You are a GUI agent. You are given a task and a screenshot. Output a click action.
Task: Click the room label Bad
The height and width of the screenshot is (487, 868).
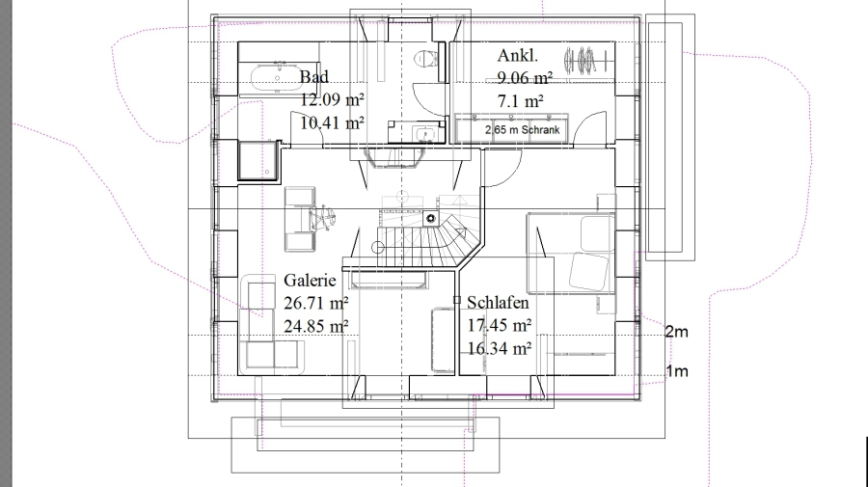coord(313,77)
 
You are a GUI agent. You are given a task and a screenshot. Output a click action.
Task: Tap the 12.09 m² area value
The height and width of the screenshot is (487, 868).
coord(332,99)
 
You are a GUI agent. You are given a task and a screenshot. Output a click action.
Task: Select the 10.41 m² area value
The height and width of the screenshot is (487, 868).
coord(332,122)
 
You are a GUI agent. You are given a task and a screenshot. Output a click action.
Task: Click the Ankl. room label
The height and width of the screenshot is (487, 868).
coord(518,55)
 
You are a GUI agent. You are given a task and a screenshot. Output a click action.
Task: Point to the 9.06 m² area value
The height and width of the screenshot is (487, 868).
coord(525,78)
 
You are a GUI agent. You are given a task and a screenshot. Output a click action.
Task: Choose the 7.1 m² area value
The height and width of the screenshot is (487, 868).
coord(521,101)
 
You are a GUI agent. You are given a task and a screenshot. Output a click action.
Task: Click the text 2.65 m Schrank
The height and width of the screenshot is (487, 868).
coord(523,130)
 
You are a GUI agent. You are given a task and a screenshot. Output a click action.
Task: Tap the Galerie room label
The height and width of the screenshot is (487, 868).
coord(310,280)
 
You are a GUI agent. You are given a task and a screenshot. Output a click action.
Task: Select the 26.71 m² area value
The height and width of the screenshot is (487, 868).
coord(316,303)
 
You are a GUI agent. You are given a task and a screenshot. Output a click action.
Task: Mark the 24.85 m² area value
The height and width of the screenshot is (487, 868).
coord(316,327)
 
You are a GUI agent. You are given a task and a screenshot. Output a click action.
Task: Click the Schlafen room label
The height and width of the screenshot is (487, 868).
coord(499,302)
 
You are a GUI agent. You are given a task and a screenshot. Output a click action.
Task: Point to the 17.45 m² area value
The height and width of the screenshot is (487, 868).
coord(500,325)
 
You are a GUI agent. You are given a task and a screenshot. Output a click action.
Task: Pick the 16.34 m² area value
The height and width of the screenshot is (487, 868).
coord(500,349)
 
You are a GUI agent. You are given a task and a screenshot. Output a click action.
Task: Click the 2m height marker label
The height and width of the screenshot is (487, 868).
coord(676,332)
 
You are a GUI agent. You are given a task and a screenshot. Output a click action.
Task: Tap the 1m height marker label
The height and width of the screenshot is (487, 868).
coord(676,370)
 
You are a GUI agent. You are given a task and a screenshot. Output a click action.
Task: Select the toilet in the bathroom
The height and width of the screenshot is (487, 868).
coord(427,58)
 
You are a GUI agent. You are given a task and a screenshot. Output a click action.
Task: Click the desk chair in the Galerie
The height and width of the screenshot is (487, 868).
coord(321,217)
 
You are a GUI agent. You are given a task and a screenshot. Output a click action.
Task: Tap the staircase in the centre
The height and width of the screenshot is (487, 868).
coord(425,238)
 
